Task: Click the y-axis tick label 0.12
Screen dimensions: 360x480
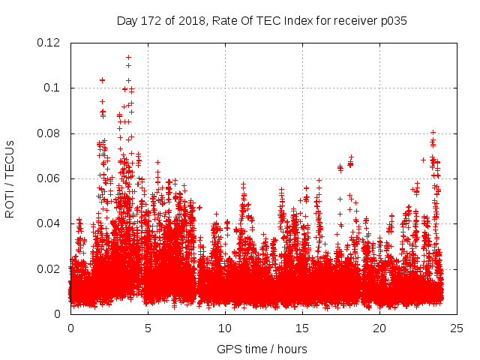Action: point(50,43)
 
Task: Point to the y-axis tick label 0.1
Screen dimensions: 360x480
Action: point(53,88)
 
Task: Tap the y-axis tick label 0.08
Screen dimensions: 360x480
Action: point(50,133)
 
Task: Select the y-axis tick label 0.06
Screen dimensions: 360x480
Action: point(50,178)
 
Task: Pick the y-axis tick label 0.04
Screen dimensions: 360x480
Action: point(50,223)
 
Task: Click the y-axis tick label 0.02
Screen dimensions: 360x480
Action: point(50,268)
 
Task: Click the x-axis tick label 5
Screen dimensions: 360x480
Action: point(148,328)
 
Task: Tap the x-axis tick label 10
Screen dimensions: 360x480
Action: point(225,328)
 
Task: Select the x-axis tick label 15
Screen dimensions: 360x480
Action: point(302,328)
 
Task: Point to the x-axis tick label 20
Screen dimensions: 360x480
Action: point(379,328)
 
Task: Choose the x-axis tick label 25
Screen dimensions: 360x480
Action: point(457,328)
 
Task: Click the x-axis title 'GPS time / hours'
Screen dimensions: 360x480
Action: point(262,349)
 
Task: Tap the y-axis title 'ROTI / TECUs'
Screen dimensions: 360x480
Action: point(10,178)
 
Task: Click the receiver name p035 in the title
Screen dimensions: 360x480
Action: point(392,20)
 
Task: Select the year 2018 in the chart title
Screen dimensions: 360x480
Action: point(187,20)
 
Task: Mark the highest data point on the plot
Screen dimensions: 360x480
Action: point(129,57)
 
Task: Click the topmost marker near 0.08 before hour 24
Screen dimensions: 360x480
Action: point(433,133)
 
